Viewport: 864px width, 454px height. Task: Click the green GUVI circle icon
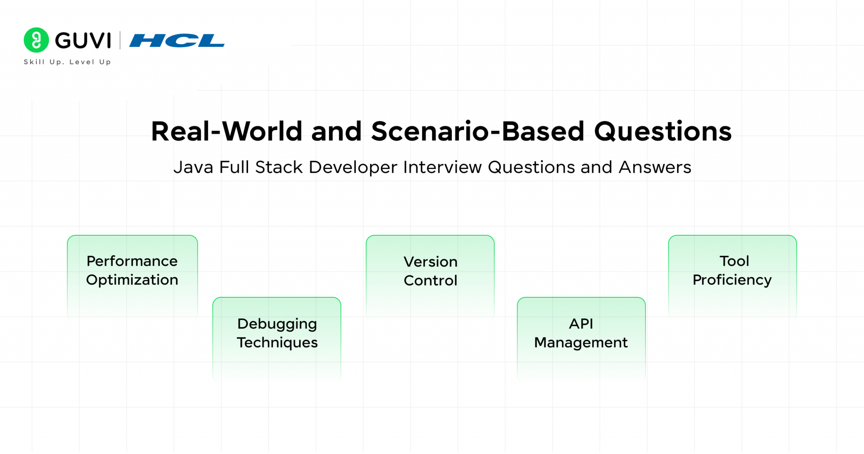click(x=36, y=40)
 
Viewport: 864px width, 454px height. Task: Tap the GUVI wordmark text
click(x=83, y=41)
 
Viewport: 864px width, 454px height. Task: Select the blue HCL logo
click(x=177, y=41)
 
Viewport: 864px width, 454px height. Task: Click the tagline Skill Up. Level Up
click(x=67, y=62)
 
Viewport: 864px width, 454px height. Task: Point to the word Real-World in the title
click(x=227, y=131)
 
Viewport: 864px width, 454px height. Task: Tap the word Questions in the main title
click(x=662, y=131)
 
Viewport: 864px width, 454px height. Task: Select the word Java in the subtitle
click(x=193, y=167)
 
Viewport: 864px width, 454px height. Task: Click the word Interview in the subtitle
click(x=442, y=167)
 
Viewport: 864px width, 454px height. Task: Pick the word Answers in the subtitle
click(x=655, y=167)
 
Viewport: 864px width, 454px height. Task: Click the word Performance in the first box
click(x=132, y=261)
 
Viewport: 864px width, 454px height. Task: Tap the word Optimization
click(x=132, y=280)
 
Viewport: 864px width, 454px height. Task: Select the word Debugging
click(x=277, y=324)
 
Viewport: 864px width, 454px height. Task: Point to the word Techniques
click(x=277, y=343)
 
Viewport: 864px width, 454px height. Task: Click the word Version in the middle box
click(x=430, y=262)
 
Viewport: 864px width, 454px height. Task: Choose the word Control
click(x=430, y=280)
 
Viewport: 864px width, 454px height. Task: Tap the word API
click(x=581, y=324)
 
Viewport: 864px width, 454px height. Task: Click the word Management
click(x=581, y=343)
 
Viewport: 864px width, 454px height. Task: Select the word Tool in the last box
click(x=734, y=261)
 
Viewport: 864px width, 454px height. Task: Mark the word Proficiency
click(x=732, y=280)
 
